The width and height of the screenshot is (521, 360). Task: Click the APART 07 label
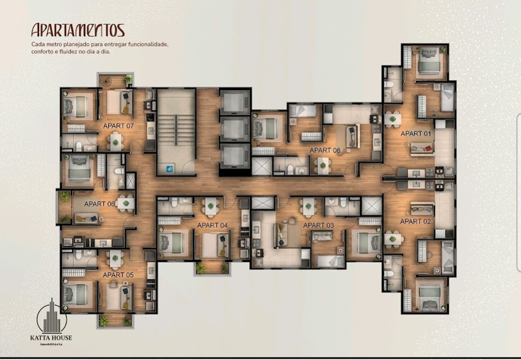[x=118, y=126]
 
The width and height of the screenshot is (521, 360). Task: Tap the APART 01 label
[x=416, y=134]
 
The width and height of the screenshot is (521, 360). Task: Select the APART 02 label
[x=415, y=221]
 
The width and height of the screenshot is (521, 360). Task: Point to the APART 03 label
[x=318, y=225]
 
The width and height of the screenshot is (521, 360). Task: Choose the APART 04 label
[x=212, y=225]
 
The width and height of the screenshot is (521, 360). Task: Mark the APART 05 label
[x=118, y=275]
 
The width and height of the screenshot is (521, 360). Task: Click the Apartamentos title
[x=78, y=30]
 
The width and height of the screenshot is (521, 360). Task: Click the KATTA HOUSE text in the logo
[x=51, y=338]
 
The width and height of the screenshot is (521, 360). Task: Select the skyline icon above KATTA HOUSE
[x=52, y=316]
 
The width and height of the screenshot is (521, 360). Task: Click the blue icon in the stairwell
[x=169, y=169]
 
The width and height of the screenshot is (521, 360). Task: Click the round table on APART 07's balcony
[x=107, y=80]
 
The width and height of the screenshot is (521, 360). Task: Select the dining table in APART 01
[x=393, y=119]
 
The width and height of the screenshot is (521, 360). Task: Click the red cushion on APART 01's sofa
[x=428, y=148]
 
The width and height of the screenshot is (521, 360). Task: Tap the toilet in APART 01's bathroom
[x=389, y=83]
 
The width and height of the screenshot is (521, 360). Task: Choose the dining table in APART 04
[x=211, y=206]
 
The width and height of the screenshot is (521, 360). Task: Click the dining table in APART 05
[x=115, y=258]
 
